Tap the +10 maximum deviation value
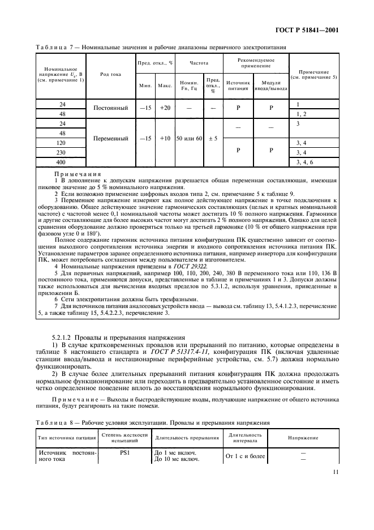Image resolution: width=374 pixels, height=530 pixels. coord(165,138)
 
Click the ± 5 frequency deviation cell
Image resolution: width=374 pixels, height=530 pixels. coord(213,138)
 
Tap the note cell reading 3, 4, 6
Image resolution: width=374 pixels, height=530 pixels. coord(304,163)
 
